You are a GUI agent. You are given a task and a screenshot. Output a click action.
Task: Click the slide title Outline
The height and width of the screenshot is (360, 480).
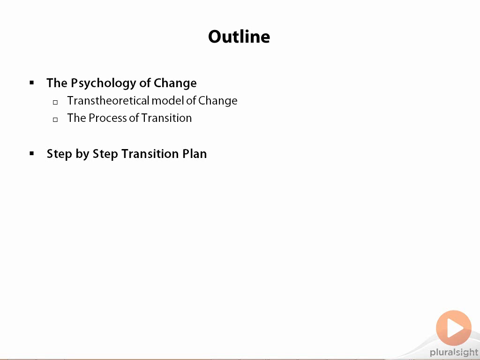pyautogui.click(x=239, y=37)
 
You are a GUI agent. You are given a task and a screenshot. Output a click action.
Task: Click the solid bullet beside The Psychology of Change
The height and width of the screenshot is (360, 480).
pyautogui.click(x=32, y=82)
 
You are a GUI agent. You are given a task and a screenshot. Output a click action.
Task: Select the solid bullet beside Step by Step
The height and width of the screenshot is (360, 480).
pyautogui.click(x=32, y=153)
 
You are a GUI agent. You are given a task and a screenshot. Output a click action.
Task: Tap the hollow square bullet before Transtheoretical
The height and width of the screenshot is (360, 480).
pyautogui.click(x=55, y=102)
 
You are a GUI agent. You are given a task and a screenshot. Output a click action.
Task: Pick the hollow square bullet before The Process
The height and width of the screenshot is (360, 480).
pyautogui.click(x=55, y=120)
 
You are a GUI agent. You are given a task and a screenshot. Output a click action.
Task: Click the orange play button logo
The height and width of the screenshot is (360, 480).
pyautogui.click(x=454, y=328)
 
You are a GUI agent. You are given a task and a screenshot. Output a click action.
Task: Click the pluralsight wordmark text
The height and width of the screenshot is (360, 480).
pyautogui.click(x=454, y=352)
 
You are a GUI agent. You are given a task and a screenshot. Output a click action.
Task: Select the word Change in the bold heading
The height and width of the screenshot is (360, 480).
pyautogui.click(x=175, y=83)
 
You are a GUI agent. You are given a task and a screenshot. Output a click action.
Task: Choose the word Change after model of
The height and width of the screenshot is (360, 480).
pyautogui.click(x=217, y=101)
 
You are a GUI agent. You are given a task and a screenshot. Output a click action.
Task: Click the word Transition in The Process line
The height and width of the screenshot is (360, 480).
pyautogui.click(x=166, y=118)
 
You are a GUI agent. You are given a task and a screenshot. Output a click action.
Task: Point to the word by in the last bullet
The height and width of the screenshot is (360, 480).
pyautogui.click(x=82, y=154)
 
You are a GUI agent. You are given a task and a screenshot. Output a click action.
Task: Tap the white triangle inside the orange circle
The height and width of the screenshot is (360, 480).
pyautogui.click(x=455, y=328)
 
